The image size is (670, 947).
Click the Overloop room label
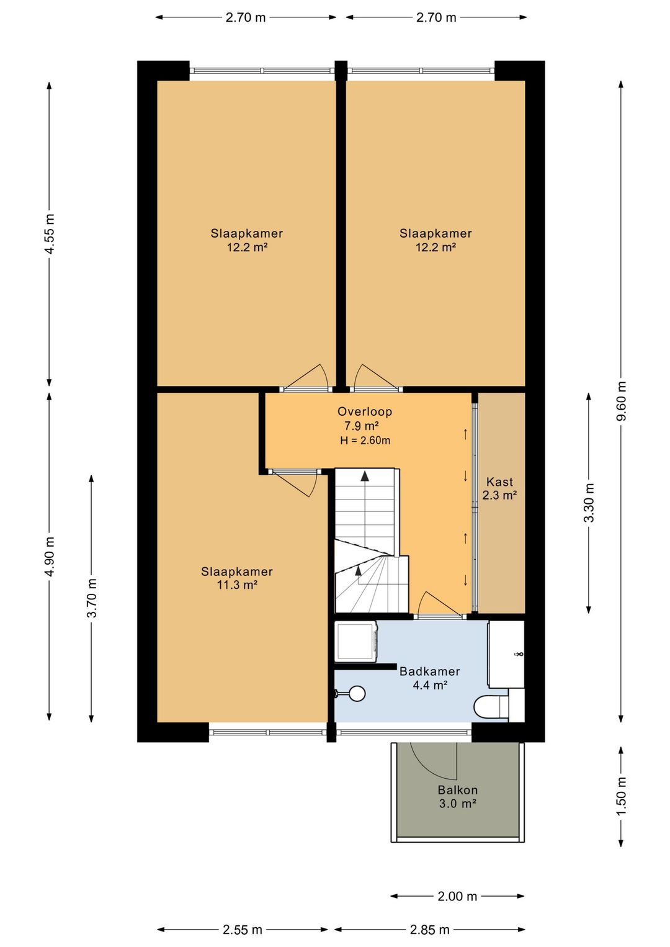tap(364, 411)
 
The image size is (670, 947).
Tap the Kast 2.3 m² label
tap(499, 488)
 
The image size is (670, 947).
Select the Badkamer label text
tap(429, 671)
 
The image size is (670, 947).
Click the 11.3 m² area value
tap(237, 585)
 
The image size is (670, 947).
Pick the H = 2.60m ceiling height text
tap(365, 441)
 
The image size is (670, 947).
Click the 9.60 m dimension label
tap(621, 402)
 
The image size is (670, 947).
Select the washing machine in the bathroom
tap(356, 641)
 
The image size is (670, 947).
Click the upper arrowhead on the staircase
tap(364, 476)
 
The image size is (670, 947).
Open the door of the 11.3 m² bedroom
tap(293, 483)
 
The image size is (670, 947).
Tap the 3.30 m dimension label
tap(589, 503)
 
